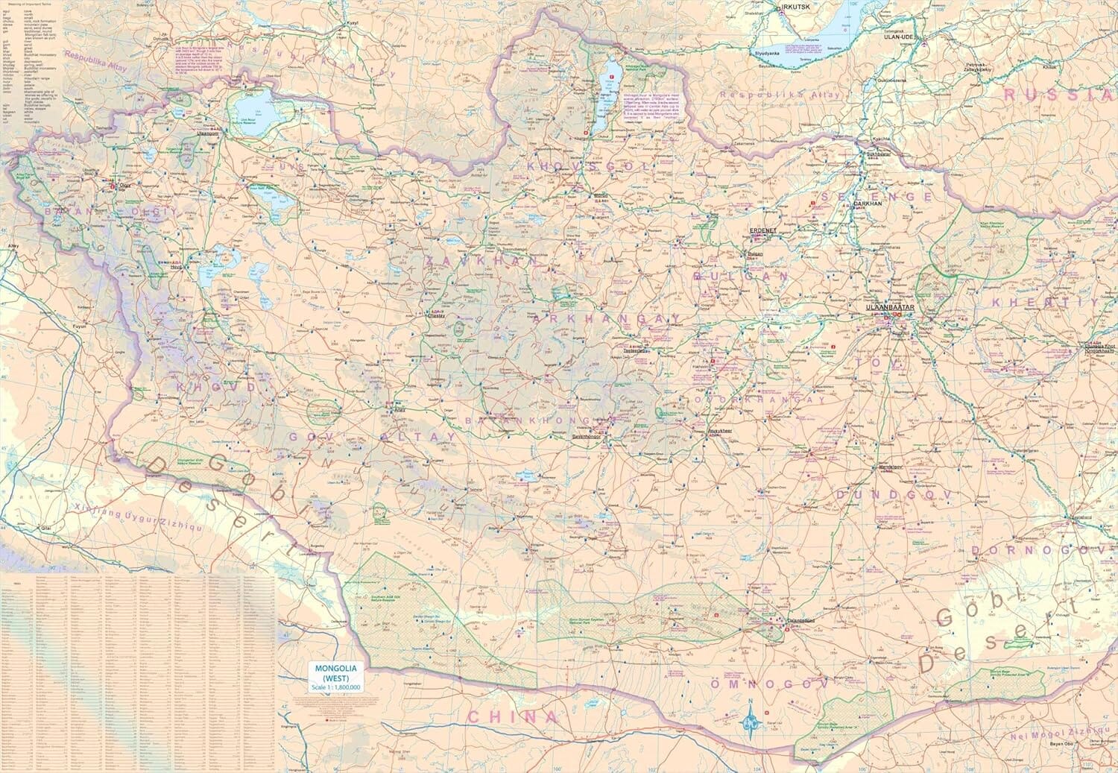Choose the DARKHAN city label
pos(868,203)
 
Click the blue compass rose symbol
pos(750,720)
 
